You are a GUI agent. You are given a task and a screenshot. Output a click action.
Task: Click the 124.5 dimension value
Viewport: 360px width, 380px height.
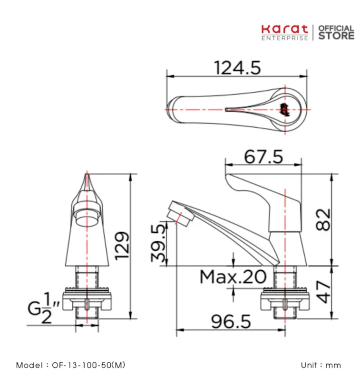click(x=237, y=68)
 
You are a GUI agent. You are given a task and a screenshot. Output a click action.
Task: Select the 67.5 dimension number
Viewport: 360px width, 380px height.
click(x=263, y=157)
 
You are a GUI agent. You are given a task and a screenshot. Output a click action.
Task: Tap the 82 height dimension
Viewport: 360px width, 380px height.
click(x=323, y=219)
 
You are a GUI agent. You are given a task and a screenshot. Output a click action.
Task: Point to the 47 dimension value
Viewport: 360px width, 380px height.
click(x=323, y=292)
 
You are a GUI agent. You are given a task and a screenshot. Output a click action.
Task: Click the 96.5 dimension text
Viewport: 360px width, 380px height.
click(x=231, y=322)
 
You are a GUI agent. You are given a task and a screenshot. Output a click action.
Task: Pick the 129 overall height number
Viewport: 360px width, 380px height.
click(x=122, y=246)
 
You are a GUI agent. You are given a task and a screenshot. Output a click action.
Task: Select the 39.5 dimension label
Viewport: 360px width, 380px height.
click(x=158, y=243)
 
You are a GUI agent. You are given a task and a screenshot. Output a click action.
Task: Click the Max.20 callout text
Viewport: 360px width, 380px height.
click(x=233, y=277)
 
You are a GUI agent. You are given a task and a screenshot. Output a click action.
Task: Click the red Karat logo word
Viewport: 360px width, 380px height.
click(x=284, y=29)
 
